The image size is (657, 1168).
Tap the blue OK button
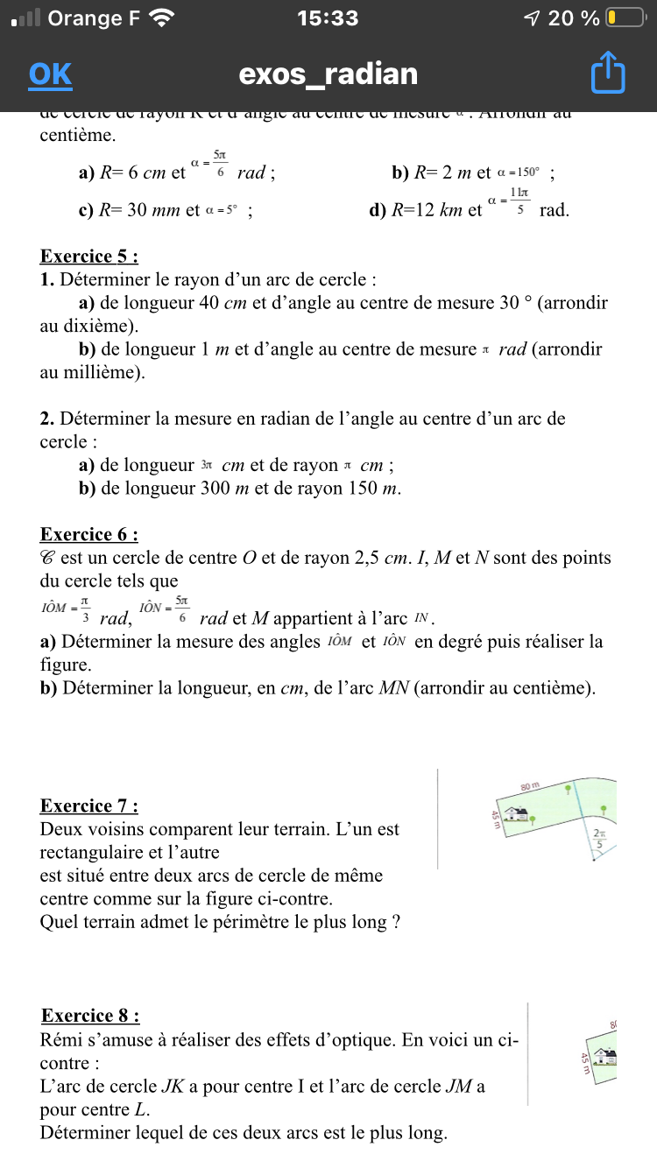click(x=50, y=74)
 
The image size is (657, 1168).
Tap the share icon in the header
click(x=608, y=74)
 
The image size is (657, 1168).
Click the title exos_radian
click(x=328, y=74)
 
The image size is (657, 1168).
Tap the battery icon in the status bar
click(x=625, y=18)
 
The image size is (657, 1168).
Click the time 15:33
click(x=328, y=18)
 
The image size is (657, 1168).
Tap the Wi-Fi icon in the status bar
click(x=162, y=18)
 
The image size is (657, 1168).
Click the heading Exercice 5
click(x=89, y=257)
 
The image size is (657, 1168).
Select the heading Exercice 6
click(x=89, y=535)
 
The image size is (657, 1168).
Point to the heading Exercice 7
click(x=89, y=806)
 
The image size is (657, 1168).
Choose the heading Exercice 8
click(x=90, y=1016)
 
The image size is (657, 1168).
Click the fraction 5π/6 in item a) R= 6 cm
click(x=220, y=164)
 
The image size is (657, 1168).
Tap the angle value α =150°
click(x=519, y=172)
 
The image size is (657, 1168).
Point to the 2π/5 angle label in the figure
click(x=600, y=839)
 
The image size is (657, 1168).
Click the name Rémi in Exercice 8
click(x=63, y=1041)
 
